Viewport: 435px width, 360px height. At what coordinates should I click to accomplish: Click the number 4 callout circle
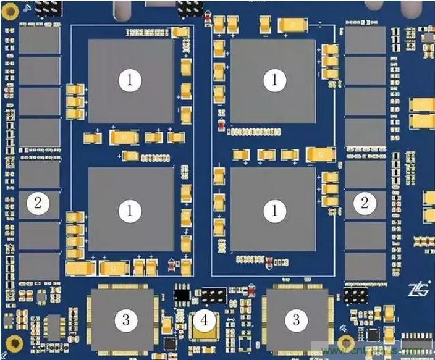[206, 319]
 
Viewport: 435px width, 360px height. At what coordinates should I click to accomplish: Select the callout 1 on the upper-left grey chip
[130, 79]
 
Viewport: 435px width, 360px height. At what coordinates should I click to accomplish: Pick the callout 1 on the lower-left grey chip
[130, 211]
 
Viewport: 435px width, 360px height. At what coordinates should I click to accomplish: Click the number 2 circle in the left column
[38, 203]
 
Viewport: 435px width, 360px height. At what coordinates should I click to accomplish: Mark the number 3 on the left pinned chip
[126, 319]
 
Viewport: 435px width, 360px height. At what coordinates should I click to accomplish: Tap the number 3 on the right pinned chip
[296, 319]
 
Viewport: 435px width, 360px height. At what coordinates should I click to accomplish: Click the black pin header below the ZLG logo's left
[355, 295]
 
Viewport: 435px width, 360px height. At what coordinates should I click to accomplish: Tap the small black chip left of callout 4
[182, 295]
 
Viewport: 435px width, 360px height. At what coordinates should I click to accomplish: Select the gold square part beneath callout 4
[206, 334]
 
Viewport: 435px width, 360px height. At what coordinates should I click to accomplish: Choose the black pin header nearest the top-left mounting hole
[48, 7]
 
